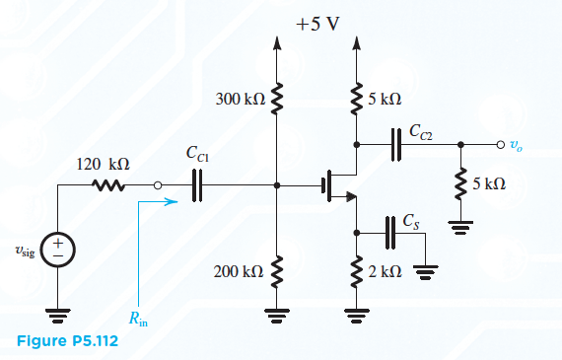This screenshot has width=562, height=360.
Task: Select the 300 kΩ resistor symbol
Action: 277,99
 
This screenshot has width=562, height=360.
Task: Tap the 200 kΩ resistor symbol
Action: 277,269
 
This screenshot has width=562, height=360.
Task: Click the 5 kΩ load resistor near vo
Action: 460,185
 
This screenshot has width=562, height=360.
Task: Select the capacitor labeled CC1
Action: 195,184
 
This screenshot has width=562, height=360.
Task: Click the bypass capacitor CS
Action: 388,233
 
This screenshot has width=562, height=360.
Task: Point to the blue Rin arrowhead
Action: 175,203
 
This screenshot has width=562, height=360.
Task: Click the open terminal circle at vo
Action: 501,143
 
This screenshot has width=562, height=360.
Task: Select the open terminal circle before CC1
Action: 158,184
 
